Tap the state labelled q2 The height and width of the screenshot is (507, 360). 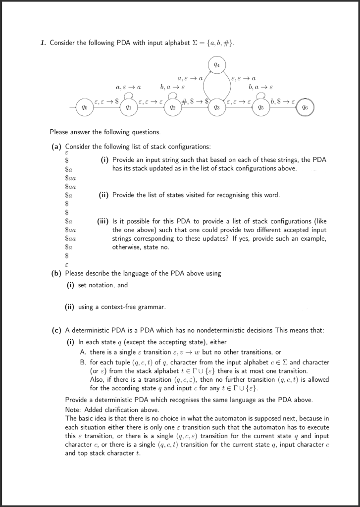pos(172,107)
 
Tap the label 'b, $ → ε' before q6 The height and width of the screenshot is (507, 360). pos(283,101)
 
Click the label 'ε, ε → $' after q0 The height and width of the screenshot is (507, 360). pos(106,101)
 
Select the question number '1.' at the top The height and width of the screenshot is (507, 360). pos(43,43)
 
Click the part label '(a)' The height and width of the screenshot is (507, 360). pos(57,147)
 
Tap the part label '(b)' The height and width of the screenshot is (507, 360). pos(57,273)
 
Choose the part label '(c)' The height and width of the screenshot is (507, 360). pos(57,330)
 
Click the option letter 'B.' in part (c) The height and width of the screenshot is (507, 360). pos(83,362)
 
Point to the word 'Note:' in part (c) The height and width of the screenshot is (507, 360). pos(73,409)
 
